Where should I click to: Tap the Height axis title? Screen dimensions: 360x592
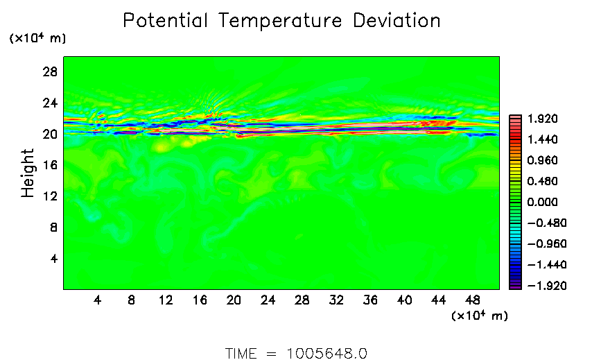pos(28,173)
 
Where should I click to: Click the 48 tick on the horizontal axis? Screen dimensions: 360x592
pos(473,300)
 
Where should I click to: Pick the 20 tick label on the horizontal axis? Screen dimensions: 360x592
pos(234,300)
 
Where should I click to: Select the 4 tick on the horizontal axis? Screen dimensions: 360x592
pos(97,300)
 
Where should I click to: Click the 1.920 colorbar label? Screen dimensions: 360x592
pos(540,119)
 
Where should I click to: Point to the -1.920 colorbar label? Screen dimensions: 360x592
pos(537,286)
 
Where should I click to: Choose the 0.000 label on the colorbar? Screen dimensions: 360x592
pos(540,203)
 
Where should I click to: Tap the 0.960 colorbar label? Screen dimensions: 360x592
pos(540,161)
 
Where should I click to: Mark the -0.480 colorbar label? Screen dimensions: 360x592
pos(537,223)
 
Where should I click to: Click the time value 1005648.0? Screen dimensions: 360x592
pos(326,353)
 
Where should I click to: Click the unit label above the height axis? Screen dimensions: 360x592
pos(37,38)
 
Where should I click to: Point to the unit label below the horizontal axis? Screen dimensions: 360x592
pos(480,316)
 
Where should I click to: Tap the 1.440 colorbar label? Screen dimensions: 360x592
pos(540,140)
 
